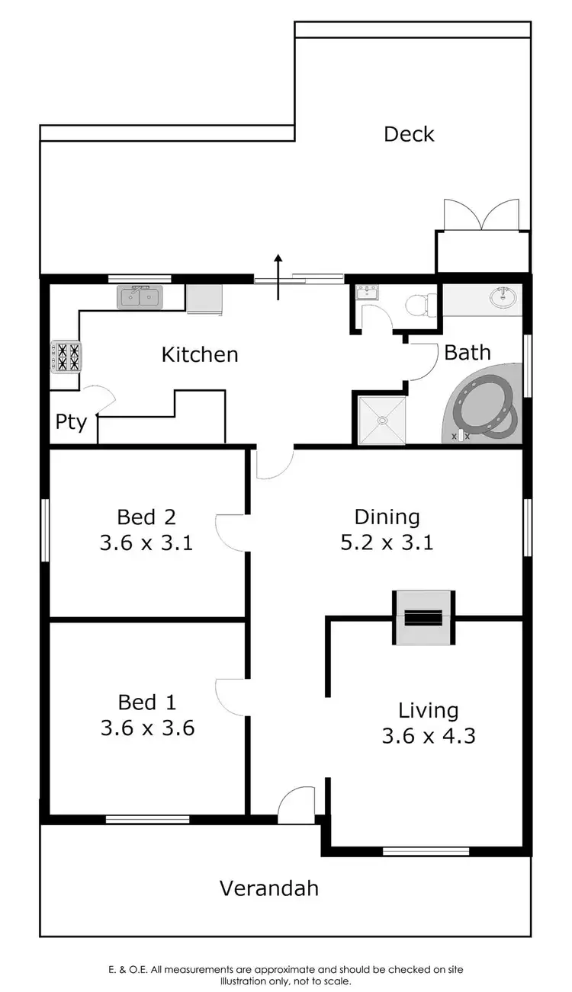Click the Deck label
coord(409,135)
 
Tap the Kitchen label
coord(200,354)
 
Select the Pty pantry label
coord(71,421)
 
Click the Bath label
coord(467,353)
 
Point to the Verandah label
coord(269,888)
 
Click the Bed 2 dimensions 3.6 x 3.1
coord(146,543)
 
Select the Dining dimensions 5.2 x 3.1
coord(387,543)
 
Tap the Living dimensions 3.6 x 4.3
coord(428,736)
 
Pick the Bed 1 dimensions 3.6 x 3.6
coord(147,728)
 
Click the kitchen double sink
coord(140,297)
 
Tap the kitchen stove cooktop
coord(66,357)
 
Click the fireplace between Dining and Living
coord(423,617)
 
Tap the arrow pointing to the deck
coord(278,276)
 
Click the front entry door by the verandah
coord(296,806)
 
